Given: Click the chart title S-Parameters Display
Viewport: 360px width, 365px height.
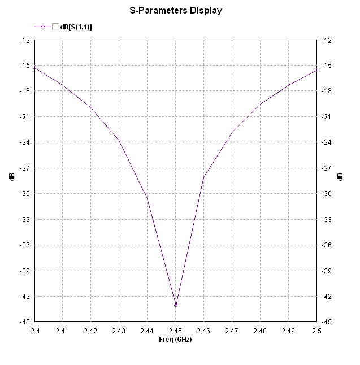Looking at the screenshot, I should click(176, 10).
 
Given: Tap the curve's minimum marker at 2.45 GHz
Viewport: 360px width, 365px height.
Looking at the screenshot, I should click(176, 305).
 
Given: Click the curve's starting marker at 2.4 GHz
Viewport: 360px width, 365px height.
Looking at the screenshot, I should click(34, 68).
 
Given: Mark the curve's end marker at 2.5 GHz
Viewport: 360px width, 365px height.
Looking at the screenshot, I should click(316, 70).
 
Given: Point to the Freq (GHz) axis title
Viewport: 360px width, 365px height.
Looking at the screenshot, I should click(176, 339).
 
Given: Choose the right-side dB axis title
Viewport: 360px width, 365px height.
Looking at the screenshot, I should click(340, 176).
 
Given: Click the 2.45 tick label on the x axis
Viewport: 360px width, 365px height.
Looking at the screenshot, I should click(176, 330).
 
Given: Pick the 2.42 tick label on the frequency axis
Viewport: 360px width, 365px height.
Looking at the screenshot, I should click(91, 330).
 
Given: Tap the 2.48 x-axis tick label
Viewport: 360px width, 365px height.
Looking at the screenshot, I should click(260, 330).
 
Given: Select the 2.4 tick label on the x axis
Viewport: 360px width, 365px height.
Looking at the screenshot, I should click(34, 330).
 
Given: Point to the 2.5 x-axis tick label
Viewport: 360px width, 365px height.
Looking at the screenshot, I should click(316, 330).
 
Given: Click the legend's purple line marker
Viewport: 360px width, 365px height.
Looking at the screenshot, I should click(43, 27).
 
